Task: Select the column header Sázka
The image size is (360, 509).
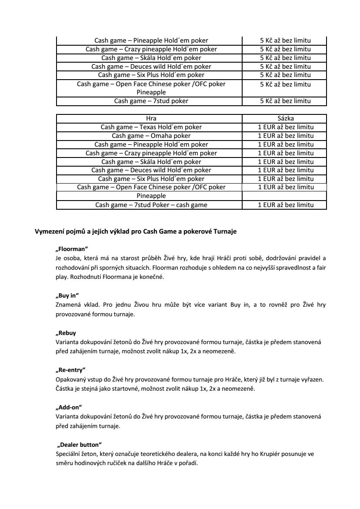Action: tap(285, 118)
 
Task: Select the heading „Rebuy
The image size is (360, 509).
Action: tap(66, 333)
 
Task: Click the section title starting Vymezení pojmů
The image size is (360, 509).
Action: tap(135, 232)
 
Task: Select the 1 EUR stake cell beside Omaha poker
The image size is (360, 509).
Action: tap(285, 136)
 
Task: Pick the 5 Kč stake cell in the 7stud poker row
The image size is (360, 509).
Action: tap(285, 101)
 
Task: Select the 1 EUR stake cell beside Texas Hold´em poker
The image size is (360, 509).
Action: tap(285, 127)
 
